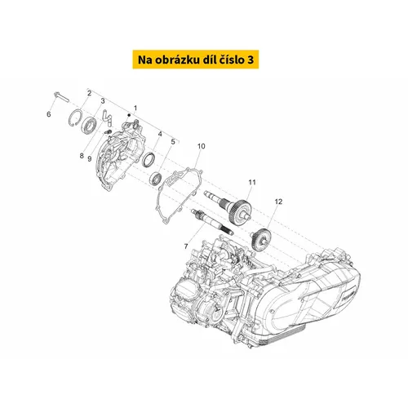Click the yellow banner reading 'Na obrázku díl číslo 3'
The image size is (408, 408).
click(x=196, y=60)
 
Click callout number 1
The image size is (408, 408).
click(x=135, y=108)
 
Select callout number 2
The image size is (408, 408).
click(x=89, y=93)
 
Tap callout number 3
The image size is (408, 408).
click(x=103, y=101)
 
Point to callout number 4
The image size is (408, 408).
click(x=160, y=134)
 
